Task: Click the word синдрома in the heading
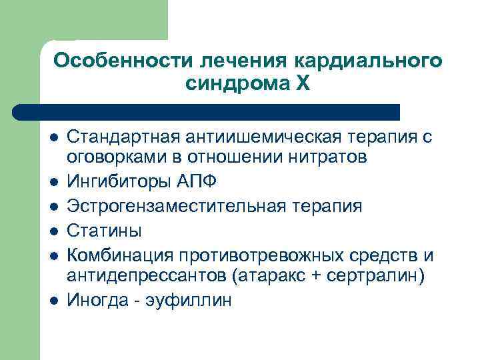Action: pos(237,85)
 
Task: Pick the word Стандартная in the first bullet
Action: pos(125,137)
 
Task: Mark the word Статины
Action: pos(105,231)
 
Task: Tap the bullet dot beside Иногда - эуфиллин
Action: pos(54,301)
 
